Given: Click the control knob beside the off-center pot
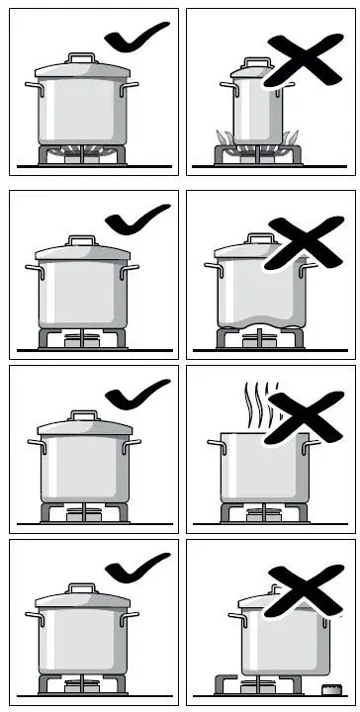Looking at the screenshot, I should point(325,686).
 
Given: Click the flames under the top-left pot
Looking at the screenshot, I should point(84,150).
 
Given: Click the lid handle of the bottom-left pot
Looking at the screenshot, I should point(84,589).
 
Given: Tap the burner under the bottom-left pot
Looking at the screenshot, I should point(84,683).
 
